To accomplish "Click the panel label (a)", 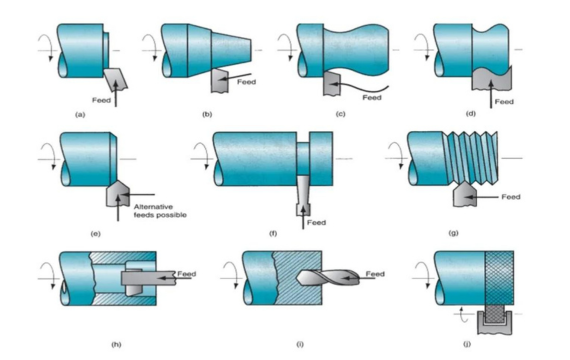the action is [x=80, y=115].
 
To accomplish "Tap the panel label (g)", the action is [x=453, y=233].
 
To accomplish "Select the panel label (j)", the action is [x=467, y=344].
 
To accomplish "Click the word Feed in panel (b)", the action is [x=246, y=82].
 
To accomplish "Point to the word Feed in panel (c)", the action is [x=372, y=97].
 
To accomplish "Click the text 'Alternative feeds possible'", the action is [x=160, y=211].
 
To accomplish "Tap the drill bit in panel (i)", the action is [x=327, y=278].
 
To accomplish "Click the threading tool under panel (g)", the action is [x=465, y=195].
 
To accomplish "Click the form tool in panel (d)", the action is [x=491, y=79].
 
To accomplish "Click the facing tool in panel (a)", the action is [x=116, y=79].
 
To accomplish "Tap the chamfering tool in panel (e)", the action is [x=117, y=193].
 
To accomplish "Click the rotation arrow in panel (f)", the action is [x=202, y=156].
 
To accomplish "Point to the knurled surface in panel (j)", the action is [x=499, y=277].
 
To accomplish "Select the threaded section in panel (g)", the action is [x=471, y=157].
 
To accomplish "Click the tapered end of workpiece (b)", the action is [x=231, y=50].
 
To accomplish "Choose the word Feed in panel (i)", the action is [x=375, y=274].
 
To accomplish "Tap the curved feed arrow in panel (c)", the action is [x=360, y=88].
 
